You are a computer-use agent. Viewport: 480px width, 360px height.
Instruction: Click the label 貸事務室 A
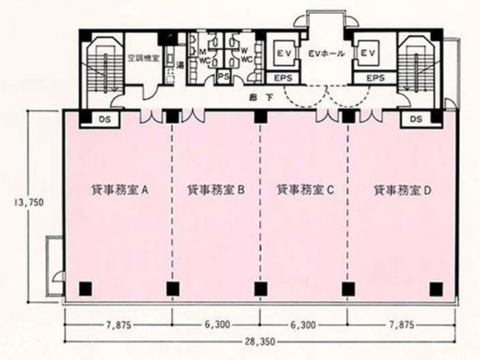point(120,190)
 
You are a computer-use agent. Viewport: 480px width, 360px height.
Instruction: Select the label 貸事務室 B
point(217,190)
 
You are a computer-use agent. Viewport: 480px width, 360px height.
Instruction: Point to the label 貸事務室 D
point(402,190)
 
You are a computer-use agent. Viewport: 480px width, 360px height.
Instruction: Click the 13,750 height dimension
point(28,203)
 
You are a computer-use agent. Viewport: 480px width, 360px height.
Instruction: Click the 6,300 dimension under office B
point(217,325)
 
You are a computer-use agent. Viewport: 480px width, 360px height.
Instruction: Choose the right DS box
point(415,119)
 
